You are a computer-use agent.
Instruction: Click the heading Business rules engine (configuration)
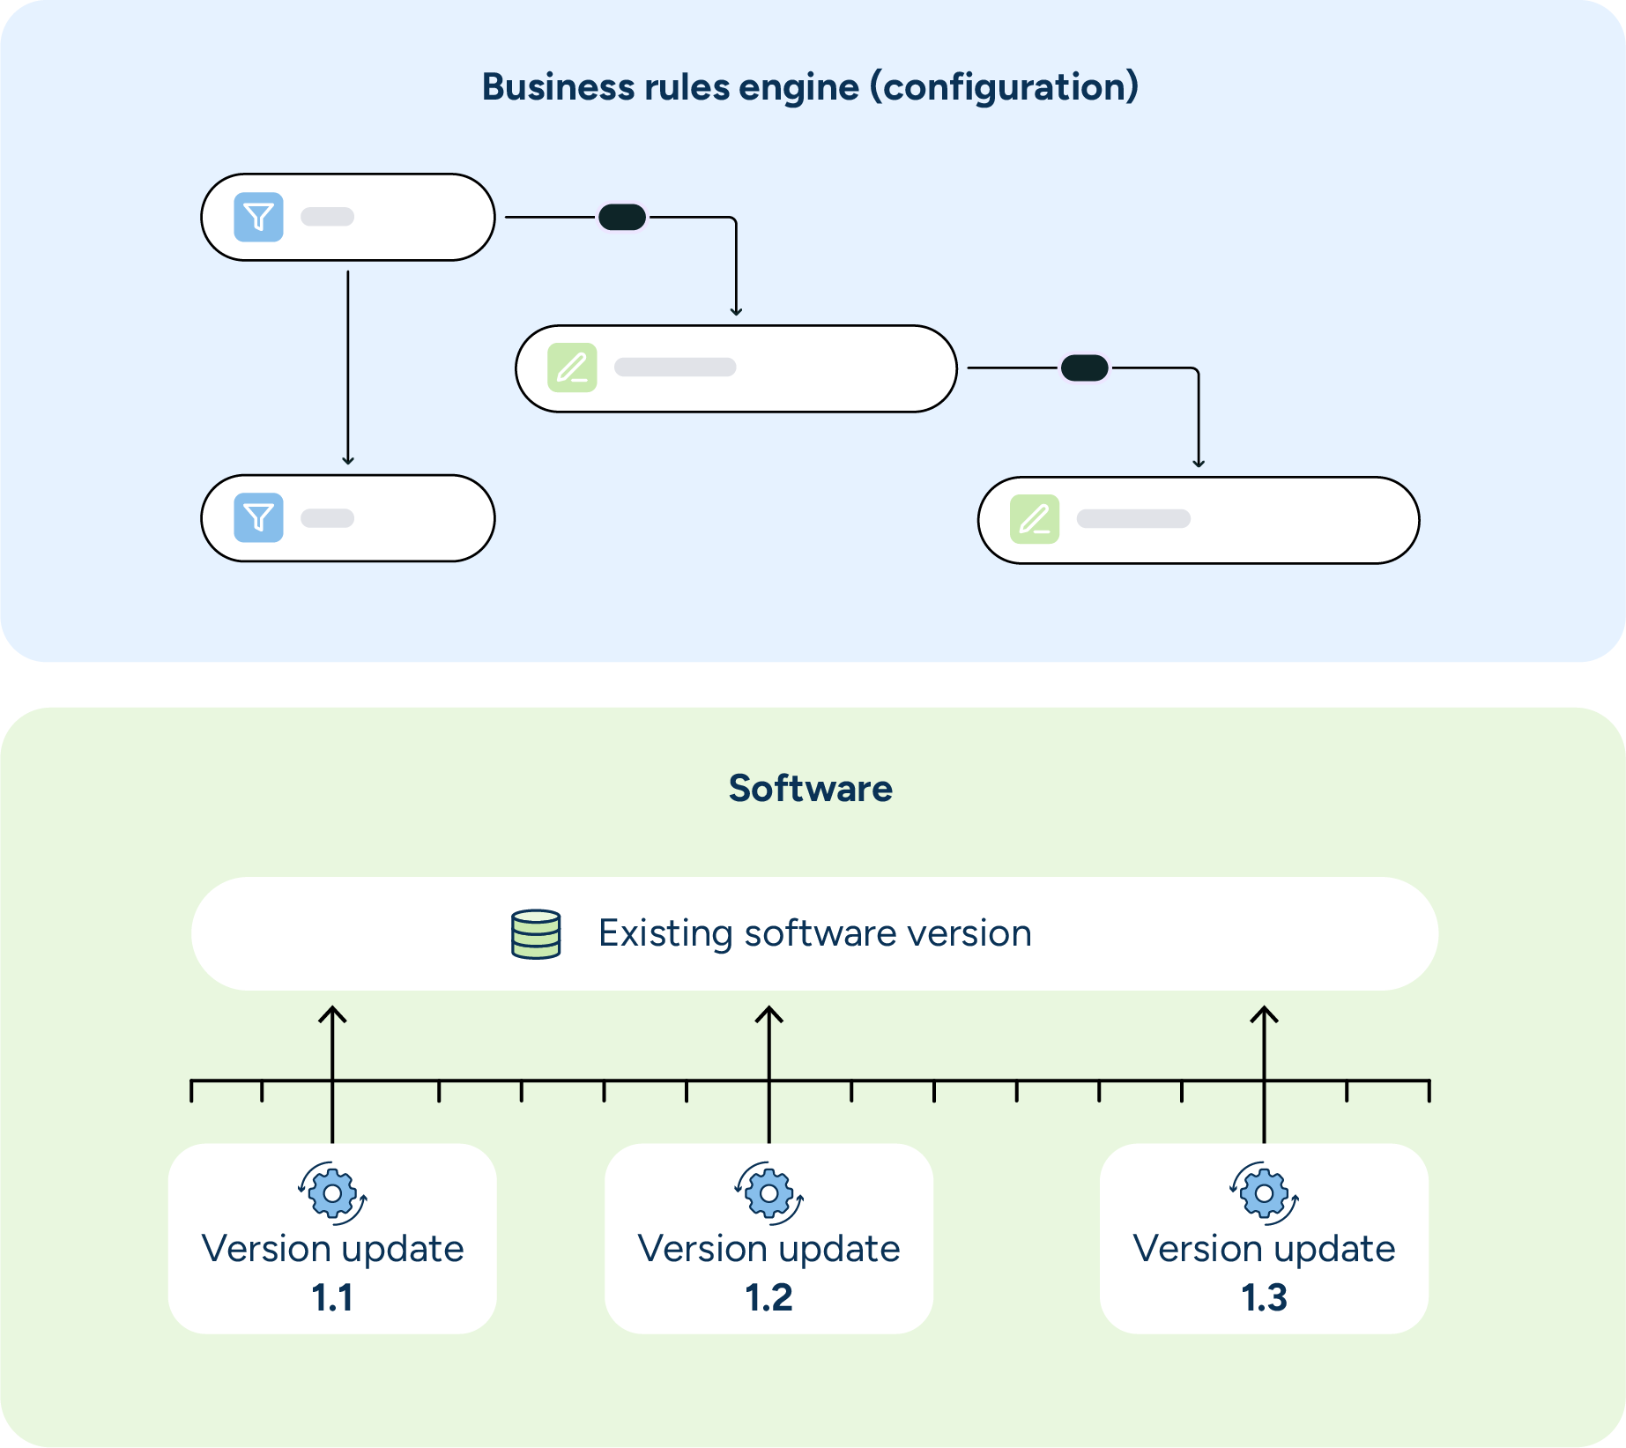coord(810,87)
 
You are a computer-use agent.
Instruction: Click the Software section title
coord(810,788)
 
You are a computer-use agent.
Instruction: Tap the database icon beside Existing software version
coord(536,934)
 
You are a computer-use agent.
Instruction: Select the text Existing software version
coord(814,933)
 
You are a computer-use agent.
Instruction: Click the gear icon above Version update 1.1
coord(332,1193)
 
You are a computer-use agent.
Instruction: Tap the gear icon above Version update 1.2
coord(768,1193)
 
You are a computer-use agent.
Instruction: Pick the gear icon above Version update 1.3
coord(1264,1193)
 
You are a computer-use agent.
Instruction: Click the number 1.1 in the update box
coord(332,1297)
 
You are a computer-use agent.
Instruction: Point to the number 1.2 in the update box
coord(768,1297)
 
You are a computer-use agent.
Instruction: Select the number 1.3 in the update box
coord(1264,1297)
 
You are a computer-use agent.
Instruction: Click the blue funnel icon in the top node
coord(258,217)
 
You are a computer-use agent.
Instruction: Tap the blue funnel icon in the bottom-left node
coord(258,517)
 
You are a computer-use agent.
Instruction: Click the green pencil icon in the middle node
coord(572,368)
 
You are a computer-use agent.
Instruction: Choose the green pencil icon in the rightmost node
coord(1034,519)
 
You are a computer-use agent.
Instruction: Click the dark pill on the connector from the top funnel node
coord(622,217)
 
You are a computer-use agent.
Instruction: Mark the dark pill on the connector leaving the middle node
coord(1084,368)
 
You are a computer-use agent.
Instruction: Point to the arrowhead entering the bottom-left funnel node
coord(348,460)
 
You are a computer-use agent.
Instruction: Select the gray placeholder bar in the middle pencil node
coord(675,368)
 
